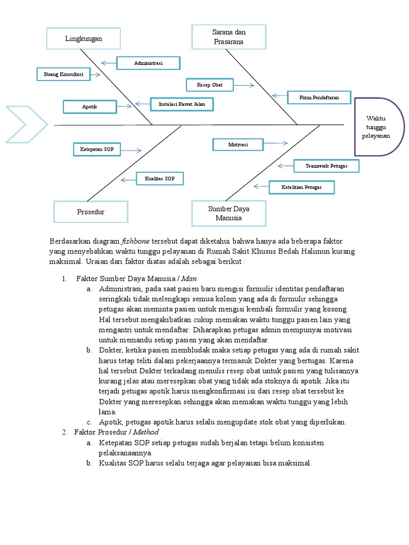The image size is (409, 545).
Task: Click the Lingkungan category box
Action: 83,39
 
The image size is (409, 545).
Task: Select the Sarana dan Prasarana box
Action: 229,37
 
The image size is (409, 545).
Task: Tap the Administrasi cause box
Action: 148,63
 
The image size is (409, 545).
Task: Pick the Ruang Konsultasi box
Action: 63,75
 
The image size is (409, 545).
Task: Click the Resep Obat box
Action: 209,85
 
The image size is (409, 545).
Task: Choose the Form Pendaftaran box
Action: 319,97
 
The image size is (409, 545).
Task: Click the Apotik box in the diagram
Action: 89,107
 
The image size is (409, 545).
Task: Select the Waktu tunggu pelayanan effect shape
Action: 378,127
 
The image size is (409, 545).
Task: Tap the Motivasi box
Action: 238,144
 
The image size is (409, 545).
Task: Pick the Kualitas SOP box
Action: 159,179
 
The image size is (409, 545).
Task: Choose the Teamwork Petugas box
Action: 326,166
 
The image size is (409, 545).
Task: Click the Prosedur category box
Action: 91,211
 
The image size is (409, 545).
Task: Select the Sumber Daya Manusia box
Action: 229,213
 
